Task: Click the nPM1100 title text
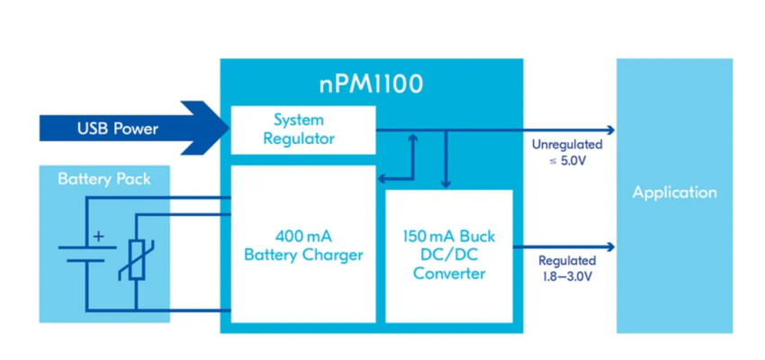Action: (372, 85)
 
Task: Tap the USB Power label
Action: (117, 129)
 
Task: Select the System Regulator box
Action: (303, 130)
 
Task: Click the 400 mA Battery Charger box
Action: (303, 244)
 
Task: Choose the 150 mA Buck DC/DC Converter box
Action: (449, 256)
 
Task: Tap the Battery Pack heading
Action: (104, 179)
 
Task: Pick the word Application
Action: (674, 193)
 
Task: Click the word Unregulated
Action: (567, 144)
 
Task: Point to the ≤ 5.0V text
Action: (567, 160)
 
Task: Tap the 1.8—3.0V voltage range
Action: (565, 276)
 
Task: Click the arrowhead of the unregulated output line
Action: (611, 130)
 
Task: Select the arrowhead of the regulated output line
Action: (611, 247)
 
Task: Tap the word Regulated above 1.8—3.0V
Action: (567, 260)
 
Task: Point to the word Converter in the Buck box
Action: (449, 273)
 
